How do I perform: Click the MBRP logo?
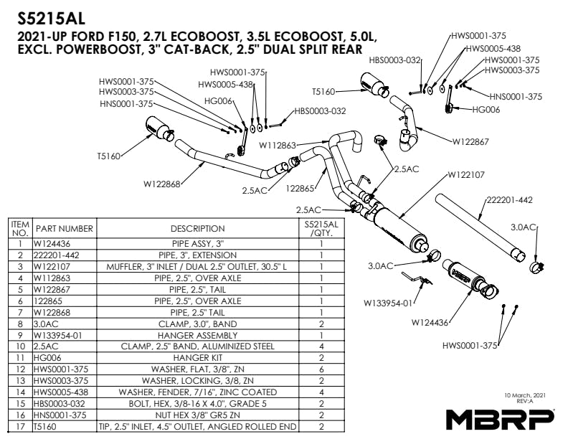[500, 418]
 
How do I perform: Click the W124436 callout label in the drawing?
[432, 324]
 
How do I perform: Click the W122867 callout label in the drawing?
[470, 142]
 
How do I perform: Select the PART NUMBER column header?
[65, 229]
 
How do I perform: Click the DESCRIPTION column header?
[197, 229]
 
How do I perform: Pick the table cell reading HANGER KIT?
[197, 357]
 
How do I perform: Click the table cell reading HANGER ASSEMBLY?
[197, 335]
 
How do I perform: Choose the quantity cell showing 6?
[321, 368]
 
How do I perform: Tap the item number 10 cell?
[20, 346]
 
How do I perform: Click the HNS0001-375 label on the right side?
[516, 95]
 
